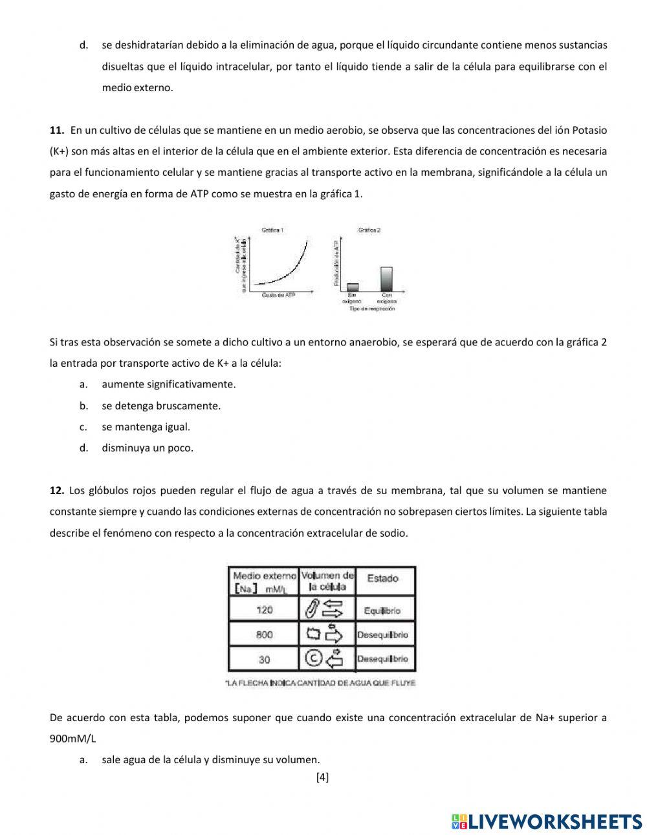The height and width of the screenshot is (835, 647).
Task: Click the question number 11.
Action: [56, 130]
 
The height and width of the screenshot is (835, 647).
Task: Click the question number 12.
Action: [56, 491]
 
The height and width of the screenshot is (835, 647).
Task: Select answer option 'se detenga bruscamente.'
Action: [161, 406]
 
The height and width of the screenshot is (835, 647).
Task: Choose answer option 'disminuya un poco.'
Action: [148, 448]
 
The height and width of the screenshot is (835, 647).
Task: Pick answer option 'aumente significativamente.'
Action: [168, 384]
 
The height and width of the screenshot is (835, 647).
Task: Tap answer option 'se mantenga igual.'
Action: [146, 427]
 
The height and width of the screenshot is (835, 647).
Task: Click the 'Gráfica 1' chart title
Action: [272, 230]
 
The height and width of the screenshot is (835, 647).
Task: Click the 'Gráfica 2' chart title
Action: [369, 230]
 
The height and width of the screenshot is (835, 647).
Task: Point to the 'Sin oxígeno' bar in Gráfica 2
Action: [353, 287]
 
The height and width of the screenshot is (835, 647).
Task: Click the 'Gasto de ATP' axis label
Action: [279, 296]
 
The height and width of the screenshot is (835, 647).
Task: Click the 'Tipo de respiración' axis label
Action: [371, 309]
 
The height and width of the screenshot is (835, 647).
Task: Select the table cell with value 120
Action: [264, 610]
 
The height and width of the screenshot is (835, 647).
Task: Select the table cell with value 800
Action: [264, 634]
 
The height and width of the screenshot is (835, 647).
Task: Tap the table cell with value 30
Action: [264, 659]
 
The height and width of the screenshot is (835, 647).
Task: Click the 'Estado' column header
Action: [382, 578]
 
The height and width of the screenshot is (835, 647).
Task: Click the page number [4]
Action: [322, 777]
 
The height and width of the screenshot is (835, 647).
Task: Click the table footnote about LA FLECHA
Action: [320, 683]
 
